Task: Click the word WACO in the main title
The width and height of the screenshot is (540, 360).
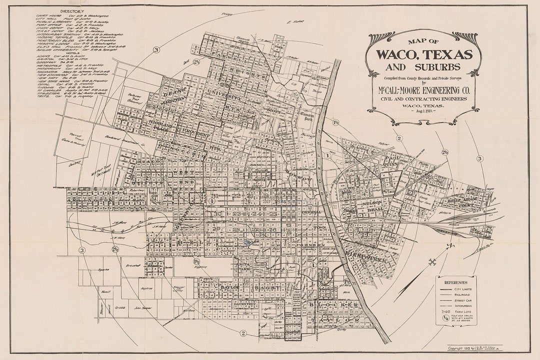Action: (x=399, y=53)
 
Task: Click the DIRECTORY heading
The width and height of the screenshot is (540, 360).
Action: (x=72, y=10)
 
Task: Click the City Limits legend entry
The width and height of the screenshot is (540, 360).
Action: (x=465, y=289)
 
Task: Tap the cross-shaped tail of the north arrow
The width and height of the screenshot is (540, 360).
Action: (x=432, y=261)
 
